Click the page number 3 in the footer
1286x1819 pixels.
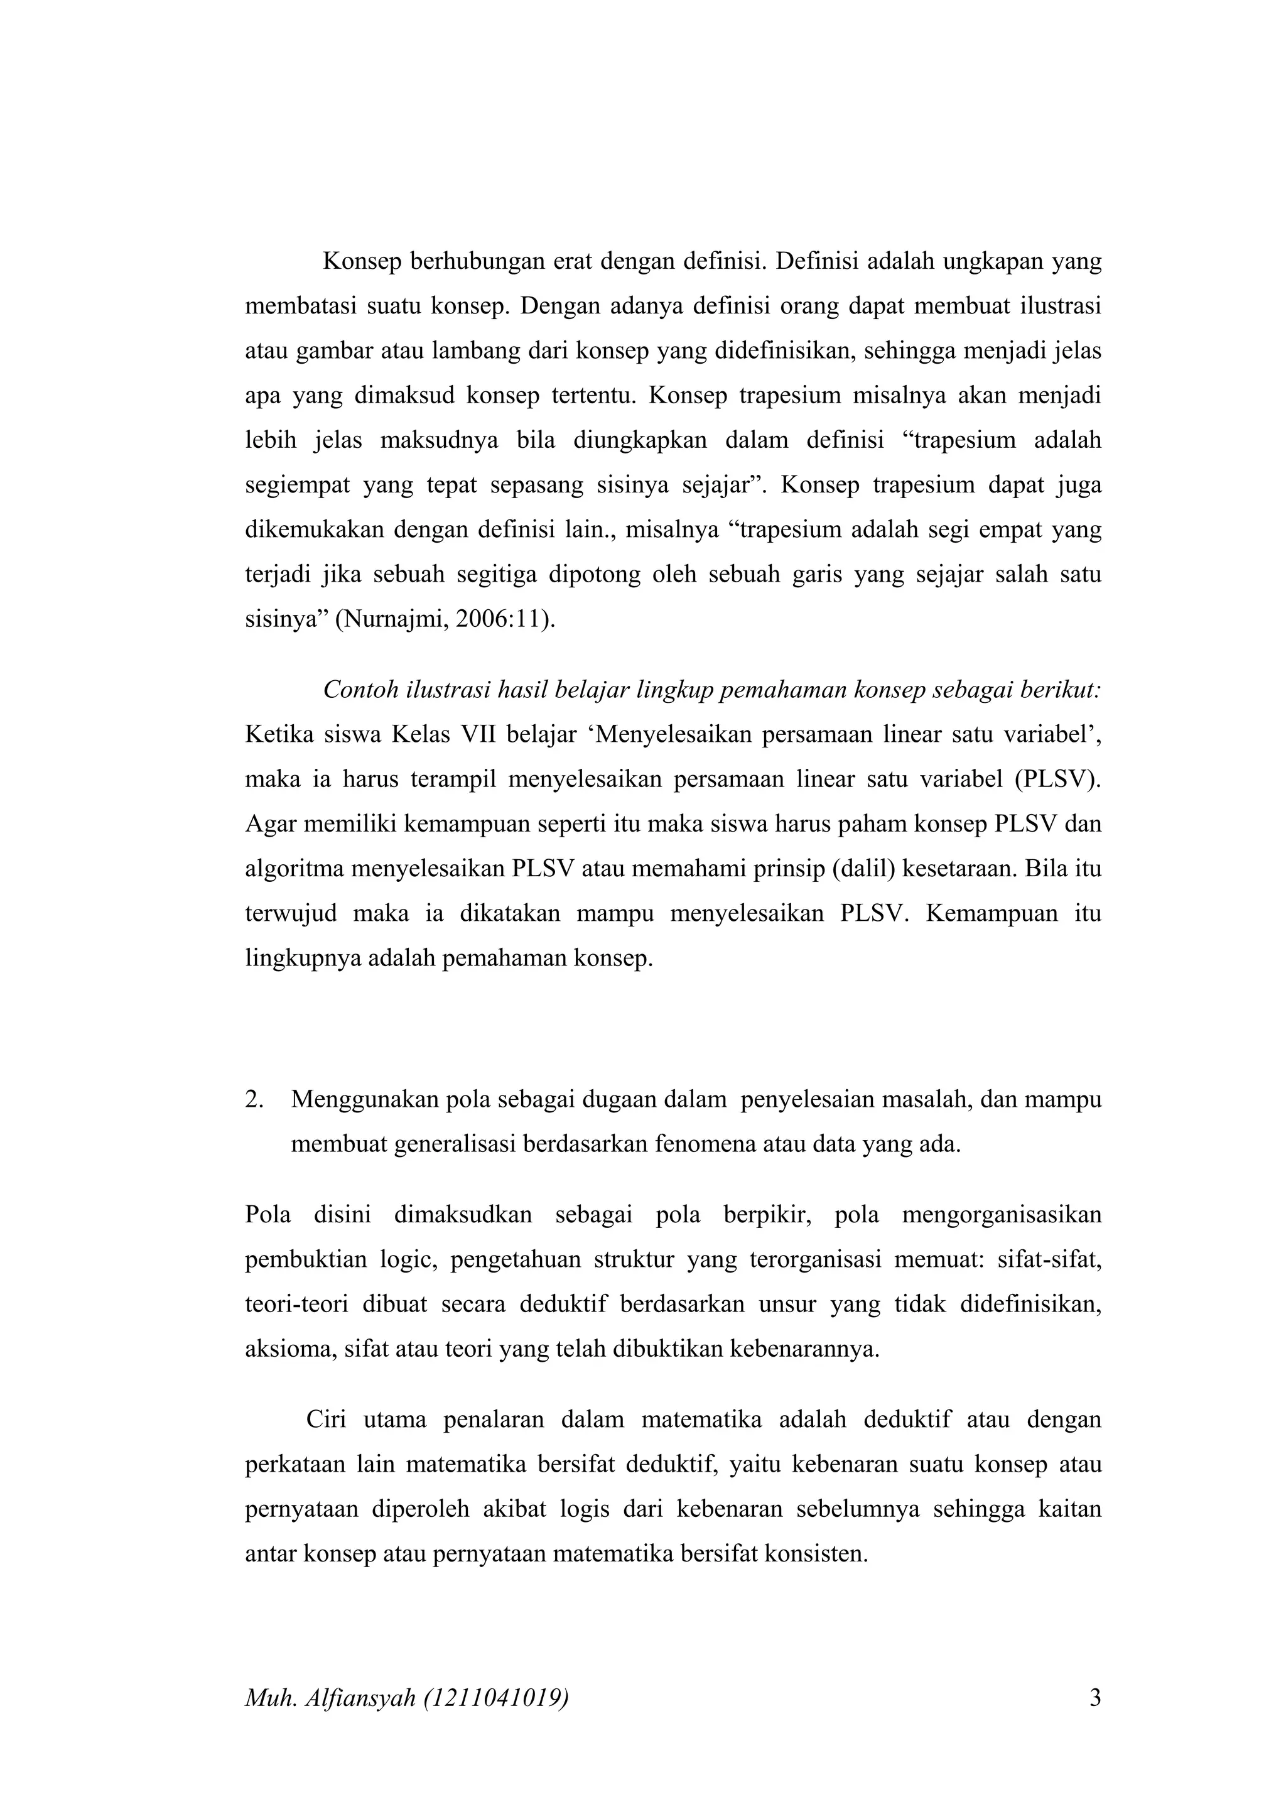point(1095,1698)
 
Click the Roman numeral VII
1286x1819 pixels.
point(477,734)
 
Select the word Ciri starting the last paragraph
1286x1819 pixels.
point(327,1419)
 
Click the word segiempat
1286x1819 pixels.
point(297,485)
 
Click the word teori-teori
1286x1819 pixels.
point(296,1304)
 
